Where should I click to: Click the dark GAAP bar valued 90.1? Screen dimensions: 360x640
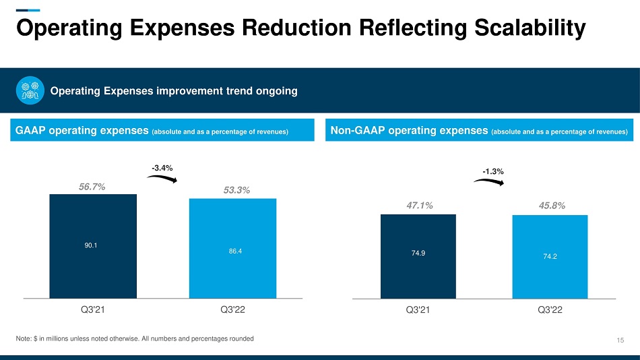93,245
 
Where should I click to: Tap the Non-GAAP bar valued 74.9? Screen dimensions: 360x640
418,256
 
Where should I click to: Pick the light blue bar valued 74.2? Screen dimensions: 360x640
550,256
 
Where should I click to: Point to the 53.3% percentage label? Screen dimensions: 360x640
236,191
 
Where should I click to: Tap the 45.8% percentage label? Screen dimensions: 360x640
551,204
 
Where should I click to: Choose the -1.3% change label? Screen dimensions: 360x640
494,171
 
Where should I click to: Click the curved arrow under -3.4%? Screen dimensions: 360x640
162,178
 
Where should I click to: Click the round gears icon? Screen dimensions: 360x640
30,91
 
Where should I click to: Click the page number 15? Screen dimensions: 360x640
620,339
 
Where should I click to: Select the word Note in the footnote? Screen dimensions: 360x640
24,338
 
